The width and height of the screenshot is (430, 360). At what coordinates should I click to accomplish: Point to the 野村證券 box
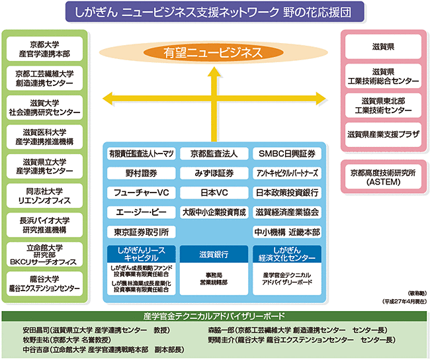pos(141,173)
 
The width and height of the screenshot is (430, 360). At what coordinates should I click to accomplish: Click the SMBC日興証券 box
pos(287,154)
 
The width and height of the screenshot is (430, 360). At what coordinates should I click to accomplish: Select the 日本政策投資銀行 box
pos(287,193)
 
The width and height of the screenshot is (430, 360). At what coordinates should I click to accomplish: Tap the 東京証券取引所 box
pos(141,232)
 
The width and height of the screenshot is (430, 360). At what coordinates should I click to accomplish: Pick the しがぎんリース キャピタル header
pos(141,254)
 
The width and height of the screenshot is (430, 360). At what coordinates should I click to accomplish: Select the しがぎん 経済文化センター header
pos(287,254)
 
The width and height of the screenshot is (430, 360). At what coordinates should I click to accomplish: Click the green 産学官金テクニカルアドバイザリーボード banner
pos(214,316)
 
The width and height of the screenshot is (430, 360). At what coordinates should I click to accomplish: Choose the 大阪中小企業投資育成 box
pos(214,212)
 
